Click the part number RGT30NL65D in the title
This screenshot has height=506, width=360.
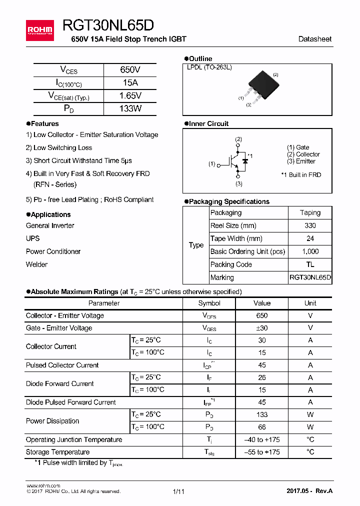[108, 26]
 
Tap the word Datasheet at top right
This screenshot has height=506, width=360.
[314, 39]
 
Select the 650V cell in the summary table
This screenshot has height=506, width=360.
[130, 70]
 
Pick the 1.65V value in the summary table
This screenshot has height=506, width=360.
[130, 95]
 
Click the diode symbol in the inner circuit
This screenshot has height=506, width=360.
[245, 160]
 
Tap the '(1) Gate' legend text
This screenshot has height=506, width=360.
[298, 147]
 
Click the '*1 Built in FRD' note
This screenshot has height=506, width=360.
[301, 175]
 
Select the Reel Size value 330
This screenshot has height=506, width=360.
[310, 225]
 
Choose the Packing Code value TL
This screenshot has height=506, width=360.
[310, 264]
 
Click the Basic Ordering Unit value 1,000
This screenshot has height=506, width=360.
[310, 251]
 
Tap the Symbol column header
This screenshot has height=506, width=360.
[209, 303]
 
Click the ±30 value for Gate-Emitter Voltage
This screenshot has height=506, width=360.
[261, 328]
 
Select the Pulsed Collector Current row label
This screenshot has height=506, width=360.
[62, 365]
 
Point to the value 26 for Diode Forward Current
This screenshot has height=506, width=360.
[261, 377]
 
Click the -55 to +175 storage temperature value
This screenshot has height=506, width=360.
[261, 452]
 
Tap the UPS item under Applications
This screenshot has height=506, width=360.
[33, 238]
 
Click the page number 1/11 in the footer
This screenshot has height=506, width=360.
[178, 491]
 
